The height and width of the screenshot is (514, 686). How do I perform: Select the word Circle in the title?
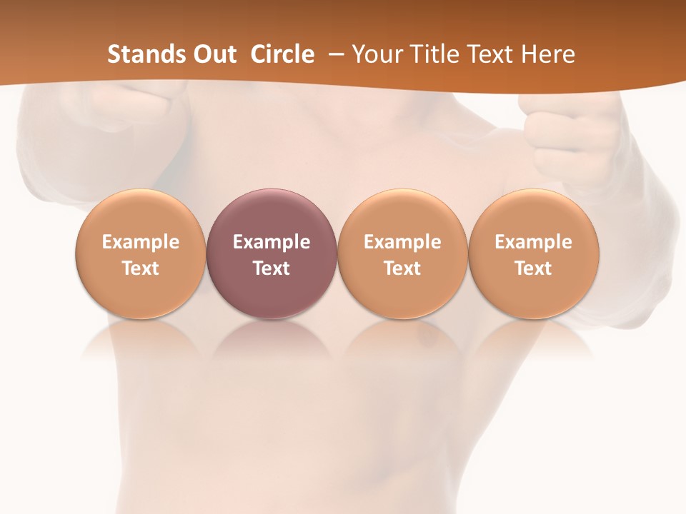pyautogui.click(x=282, y=54)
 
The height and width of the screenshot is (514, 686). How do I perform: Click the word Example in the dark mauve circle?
pyautogui.click(x=272, y=242)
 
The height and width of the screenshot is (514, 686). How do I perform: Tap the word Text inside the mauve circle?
pyautogui.click(x=272, y=268)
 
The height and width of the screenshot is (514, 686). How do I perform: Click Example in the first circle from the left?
pyautogui.click(x=141, y=242)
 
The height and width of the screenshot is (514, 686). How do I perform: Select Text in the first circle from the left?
pyautogui.click(x=141, y=268)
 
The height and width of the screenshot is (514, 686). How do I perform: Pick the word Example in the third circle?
pyautogui.click(x=402, y=242)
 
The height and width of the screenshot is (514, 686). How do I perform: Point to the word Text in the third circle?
pyautogui.click(x=402, y=268)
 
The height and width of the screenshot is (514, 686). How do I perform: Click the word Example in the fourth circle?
pyautogui.click(x=534, y=242)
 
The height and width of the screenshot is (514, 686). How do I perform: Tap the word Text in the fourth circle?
pyautogui.click(x=534, y=268)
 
